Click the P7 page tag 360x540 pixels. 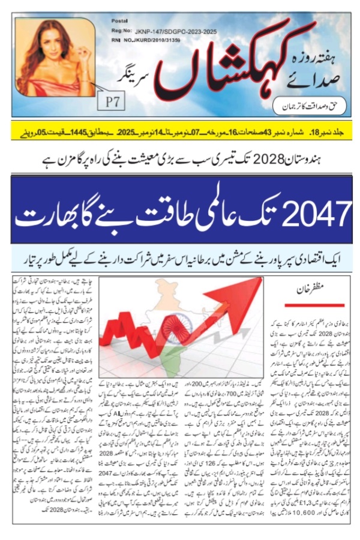112,101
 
